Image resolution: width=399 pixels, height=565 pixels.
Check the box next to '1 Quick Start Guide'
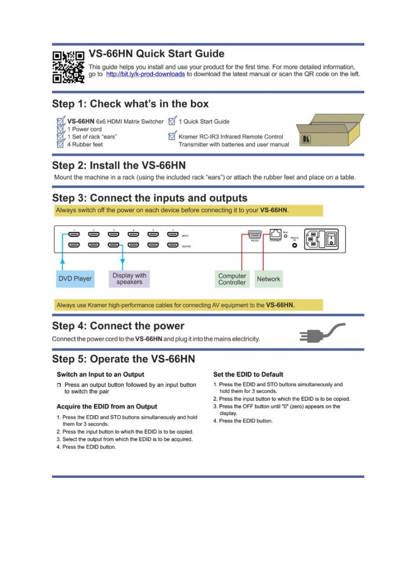tap(173, 121)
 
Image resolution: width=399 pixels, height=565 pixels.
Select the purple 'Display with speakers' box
tap(129, 279)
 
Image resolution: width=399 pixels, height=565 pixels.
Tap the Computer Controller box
tap(232, 279)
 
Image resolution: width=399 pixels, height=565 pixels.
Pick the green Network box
tap(268, 279)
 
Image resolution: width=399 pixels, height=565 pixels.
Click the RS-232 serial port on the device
tap(254, 234)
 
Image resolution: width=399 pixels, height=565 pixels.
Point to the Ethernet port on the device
tap(274, 234)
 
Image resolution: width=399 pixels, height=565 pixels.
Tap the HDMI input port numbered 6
tap(173, 235)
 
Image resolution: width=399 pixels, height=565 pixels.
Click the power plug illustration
tap(322, 334)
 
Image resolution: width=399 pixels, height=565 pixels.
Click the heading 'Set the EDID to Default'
tap(248, 374)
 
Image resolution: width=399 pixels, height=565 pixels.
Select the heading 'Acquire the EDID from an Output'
tap(107, 406)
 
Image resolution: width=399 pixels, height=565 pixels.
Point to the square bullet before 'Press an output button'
tap(59, 385)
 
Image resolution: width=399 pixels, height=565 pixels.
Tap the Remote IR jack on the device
tap(295, 246)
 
